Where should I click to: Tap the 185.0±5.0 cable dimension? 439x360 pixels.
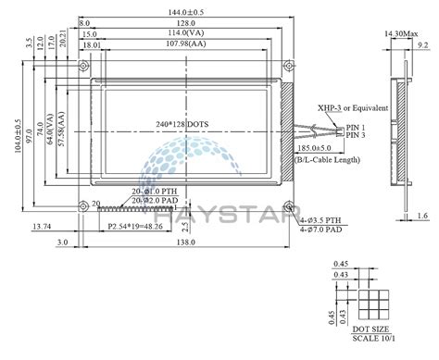point(341,147)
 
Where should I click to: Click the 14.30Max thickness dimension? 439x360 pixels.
point(398,34)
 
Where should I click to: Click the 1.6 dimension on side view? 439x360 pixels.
point(421,216)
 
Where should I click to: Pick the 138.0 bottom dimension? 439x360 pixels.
point(185,242)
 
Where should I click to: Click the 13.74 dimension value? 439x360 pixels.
point(41,225)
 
